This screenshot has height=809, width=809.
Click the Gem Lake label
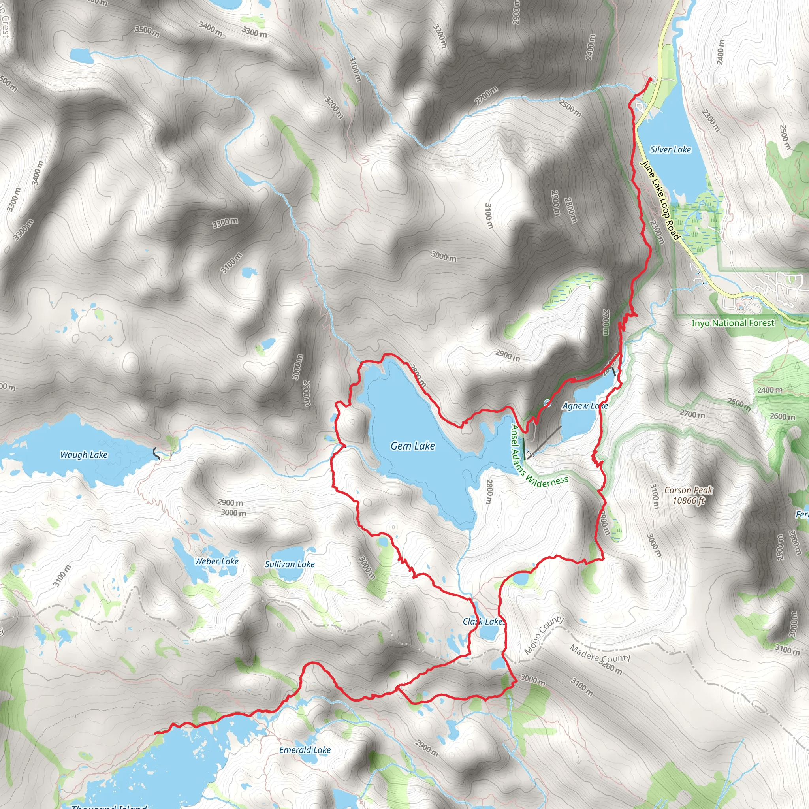click(x=412, y=446)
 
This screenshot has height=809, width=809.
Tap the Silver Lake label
click(x=670, y=149)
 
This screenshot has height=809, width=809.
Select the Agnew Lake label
click(x=585, y=405)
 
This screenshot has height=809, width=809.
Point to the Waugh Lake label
click(x=84, y=455)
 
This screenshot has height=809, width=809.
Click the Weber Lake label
click(x=216, y=561)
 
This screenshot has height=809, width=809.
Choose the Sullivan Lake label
click(x=290, y=564)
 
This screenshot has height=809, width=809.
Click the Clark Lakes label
click(x=484, y=621)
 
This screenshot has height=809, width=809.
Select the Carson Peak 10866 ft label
click(x=689, y=495)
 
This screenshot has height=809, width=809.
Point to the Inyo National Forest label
click(x=733, y=323)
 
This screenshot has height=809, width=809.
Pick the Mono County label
click(x=544, y=635)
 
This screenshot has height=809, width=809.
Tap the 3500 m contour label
click(x=147, y=31)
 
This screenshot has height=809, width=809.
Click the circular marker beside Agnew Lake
click(x=547, y=403)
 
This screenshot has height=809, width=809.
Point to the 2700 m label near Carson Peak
click(x=692, y=414)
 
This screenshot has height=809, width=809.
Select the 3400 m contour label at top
click(x=211, y=28)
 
